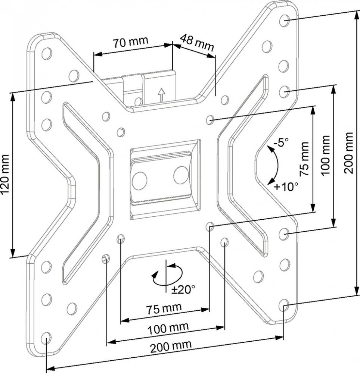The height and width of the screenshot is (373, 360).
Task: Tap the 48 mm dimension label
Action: [x=197, y=43]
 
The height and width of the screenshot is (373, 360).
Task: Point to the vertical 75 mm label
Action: [x=305, y=159]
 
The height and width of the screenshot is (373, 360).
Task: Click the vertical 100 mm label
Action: [x=325, y=155]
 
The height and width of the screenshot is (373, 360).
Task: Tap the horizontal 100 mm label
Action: [x=168, y=328]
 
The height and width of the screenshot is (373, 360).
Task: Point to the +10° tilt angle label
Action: [x=286, y=186]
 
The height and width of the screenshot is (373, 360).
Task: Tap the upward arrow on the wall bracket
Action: [x=161, y=94]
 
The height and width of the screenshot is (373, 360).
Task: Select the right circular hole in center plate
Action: [x=181, y=175]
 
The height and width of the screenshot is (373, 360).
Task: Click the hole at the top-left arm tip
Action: [x=46, y=53]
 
